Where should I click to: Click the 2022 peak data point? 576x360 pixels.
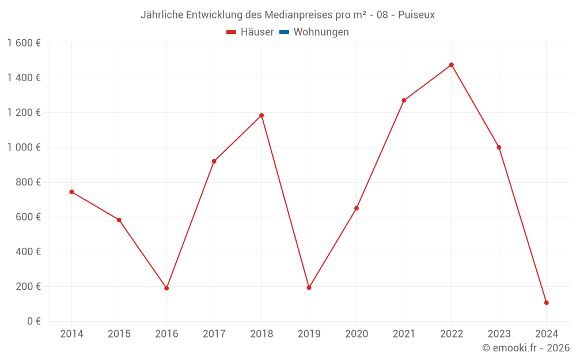[x=452, y=65]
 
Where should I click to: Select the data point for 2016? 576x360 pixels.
[x=166, y=288]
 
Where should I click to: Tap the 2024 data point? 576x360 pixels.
[x=546, y=302]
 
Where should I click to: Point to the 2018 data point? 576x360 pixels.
[x=262, y=115]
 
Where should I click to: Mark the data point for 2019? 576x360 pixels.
[x=309, y=287]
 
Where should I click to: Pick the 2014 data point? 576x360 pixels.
[x=71, y=192]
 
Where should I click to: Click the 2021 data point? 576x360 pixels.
[x=404, y=100]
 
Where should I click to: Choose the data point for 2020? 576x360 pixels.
[x=357, y=208]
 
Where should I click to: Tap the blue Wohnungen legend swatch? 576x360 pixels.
[x=284, y=32]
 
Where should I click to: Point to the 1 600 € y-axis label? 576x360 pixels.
[x=24, y=43]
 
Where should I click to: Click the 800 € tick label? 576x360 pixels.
[x=28, y=182]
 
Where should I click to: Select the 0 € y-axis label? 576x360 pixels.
[x=33, y=321]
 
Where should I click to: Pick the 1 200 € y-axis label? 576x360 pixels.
[x=24, y=112]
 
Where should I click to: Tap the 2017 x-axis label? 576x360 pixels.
[x=214, y=334]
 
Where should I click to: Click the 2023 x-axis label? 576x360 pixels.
[x=499, y=334]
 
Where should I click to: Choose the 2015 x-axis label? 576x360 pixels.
[x=119, y=334]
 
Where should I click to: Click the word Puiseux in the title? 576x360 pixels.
[x=416, y=14]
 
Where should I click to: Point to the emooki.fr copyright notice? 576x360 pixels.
[x=526, y=348]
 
